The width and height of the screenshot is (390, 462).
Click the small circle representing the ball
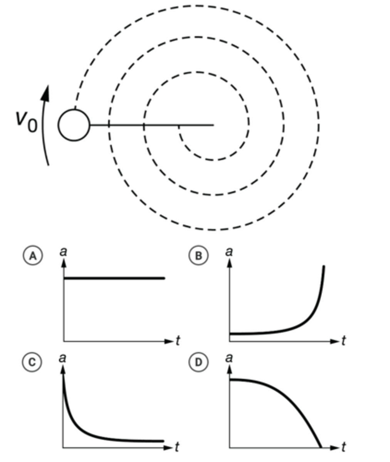(x=74, y=125)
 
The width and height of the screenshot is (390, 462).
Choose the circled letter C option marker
(x=32, y=362)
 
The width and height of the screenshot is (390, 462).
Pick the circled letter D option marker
(x=198, y=362)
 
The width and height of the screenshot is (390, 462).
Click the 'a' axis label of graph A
(x=64, y=252)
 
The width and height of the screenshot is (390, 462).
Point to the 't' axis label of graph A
(x=177, y=341)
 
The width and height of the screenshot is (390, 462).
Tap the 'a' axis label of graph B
(x=229, y=252)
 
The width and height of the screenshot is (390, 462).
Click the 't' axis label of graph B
(x=343, y=341)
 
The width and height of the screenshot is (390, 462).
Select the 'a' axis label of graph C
(x=63, y=358)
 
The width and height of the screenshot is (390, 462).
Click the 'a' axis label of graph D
(x=229, y=358)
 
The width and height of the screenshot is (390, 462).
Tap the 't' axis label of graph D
(x=343, y=447)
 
